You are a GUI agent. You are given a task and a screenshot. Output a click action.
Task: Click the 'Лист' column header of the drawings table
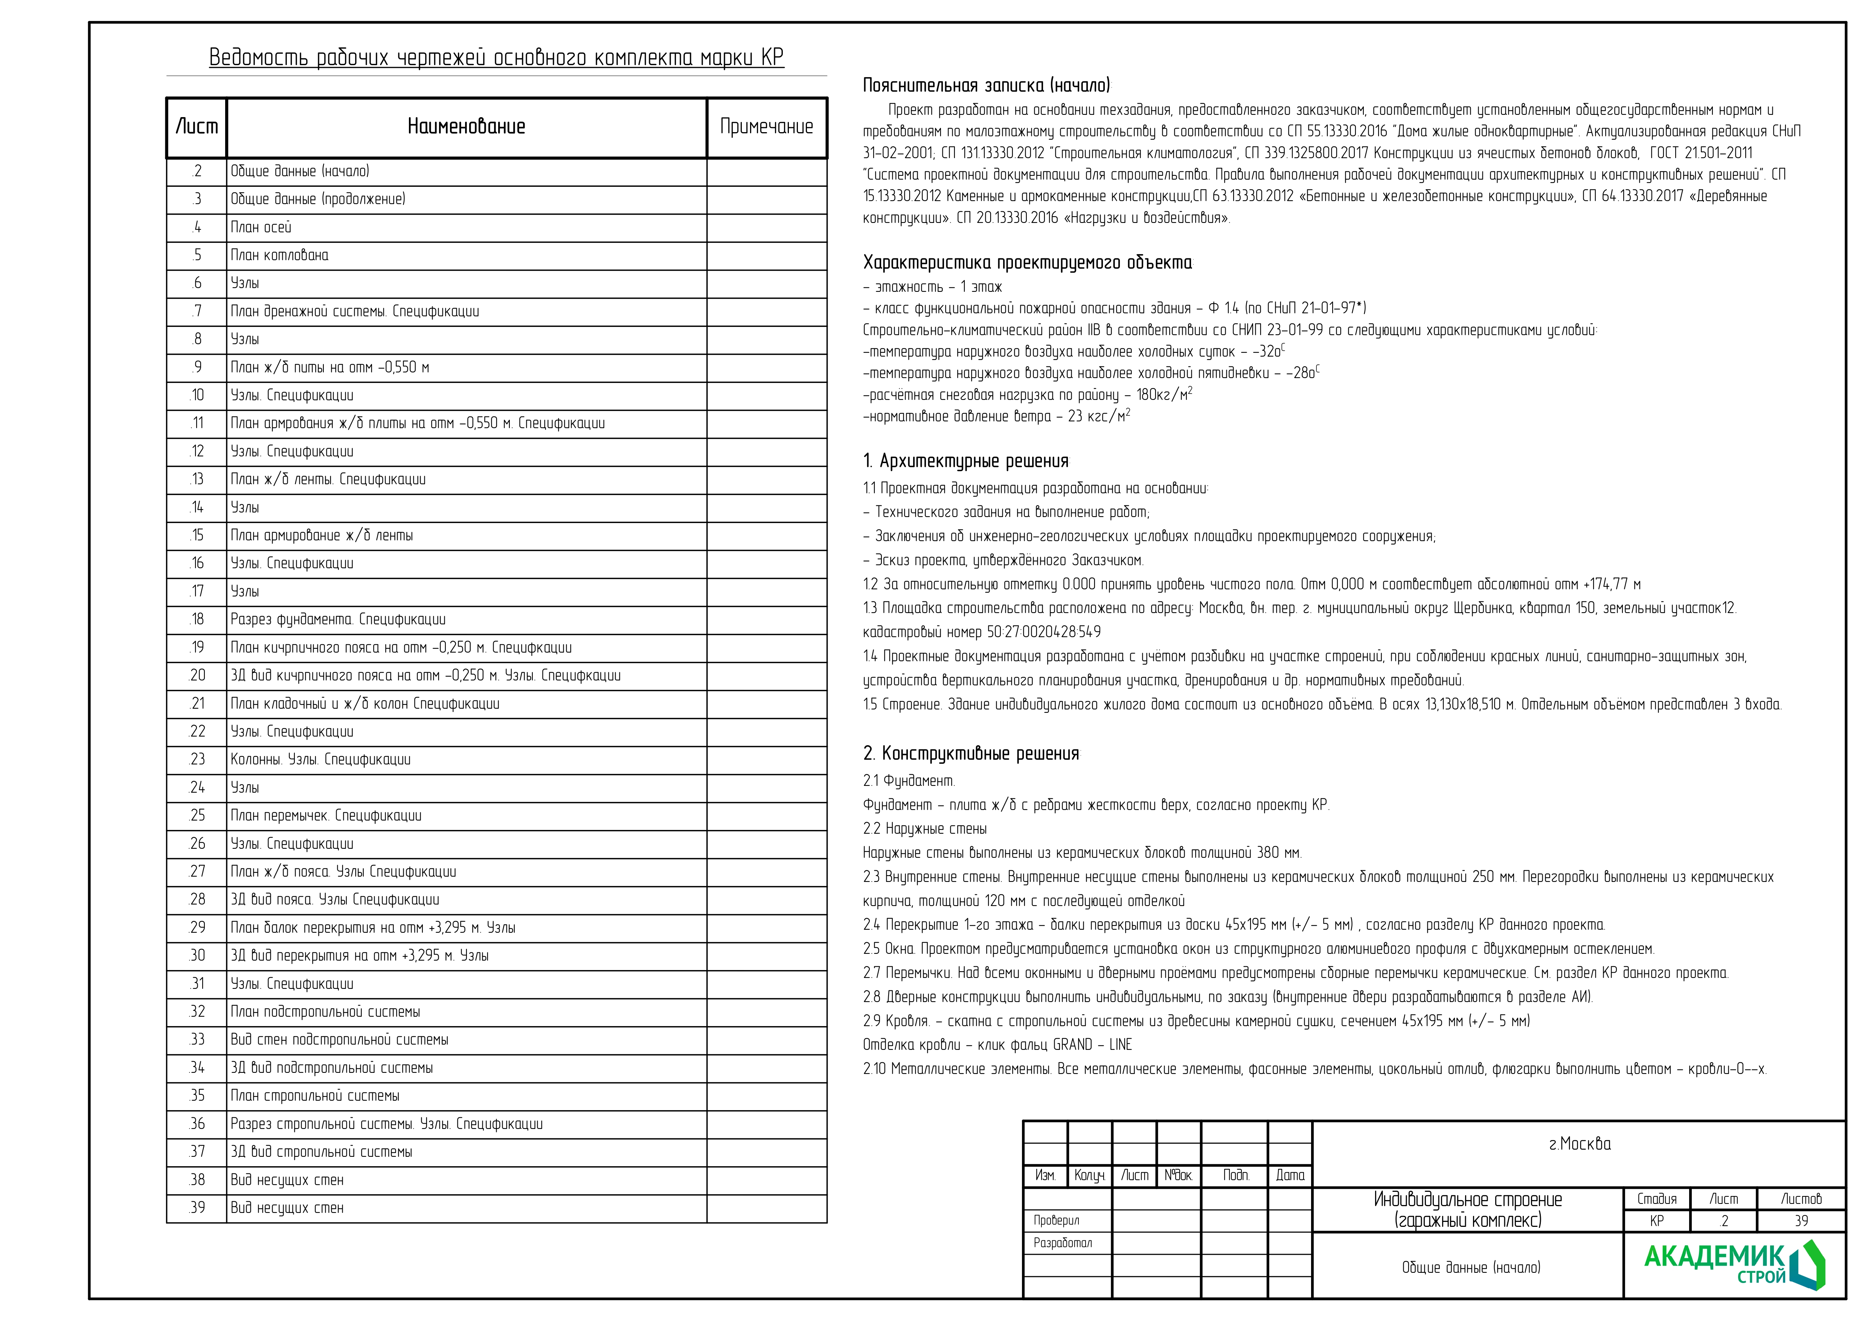(x=197, y=127)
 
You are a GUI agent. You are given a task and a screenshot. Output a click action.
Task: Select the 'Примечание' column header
(x=766, y=127)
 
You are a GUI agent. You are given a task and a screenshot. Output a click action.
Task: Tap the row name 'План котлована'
(x=279, y=255)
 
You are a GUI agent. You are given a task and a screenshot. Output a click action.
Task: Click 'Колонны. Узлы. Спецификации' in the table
(x=320, y=760)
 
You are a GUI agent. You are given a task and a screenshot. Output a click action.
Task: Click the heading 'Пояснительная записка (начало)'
(x=986, y=85)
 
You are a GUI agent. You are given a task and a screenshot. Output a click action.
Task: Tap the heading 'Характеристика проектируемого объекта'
(x=1027, y=263)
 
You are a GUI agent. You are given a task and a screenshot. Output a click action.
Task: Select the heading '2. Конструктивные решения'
(x=971, y=754)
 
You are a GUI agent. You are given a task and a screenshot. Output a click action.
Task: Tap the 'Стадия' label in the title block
(x=1656, y=1199)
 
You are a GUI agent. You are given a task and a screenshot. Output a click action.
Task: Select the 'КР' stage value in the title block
(x=1656, y=1221)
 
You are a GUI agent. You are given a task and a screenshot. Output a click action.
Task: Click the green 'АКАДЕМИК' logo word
(x=1713, y=1258)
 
